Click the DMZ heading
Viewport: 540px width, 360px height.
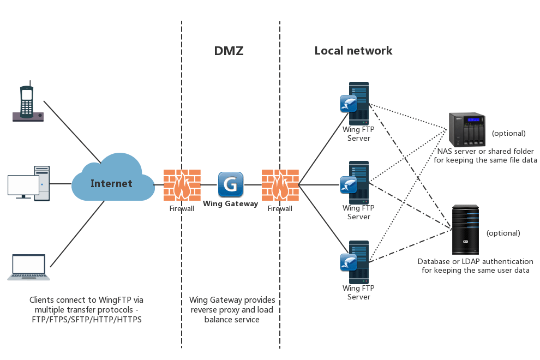[229, 51]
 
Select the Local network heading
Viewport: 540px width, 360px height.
[353, 51]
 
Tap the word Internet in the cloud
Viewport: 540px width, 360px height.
[111, 183]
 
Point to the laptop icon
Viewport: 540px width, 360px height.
[28, 267]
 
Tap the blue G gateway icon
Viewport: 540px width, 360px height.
[230, 184]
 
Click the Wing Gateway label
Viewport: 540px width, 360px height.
[230, 203]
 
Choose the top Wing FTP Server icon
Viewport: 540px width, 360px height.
[356, 103]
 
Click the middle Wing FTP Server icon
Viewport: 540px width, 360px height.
[356, 182]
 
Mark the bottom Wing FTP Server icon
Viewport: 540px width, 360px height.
[356, 262]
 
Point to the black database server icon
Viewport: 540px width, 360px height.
[465, 230]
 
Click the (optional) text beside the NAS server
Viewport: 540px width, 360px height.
[508, 133]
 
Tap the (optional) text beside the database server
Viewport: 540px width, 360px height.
[503, 233]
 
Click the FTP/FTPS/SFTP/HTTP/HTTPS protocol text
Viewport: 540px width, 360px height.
[87, 320]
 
